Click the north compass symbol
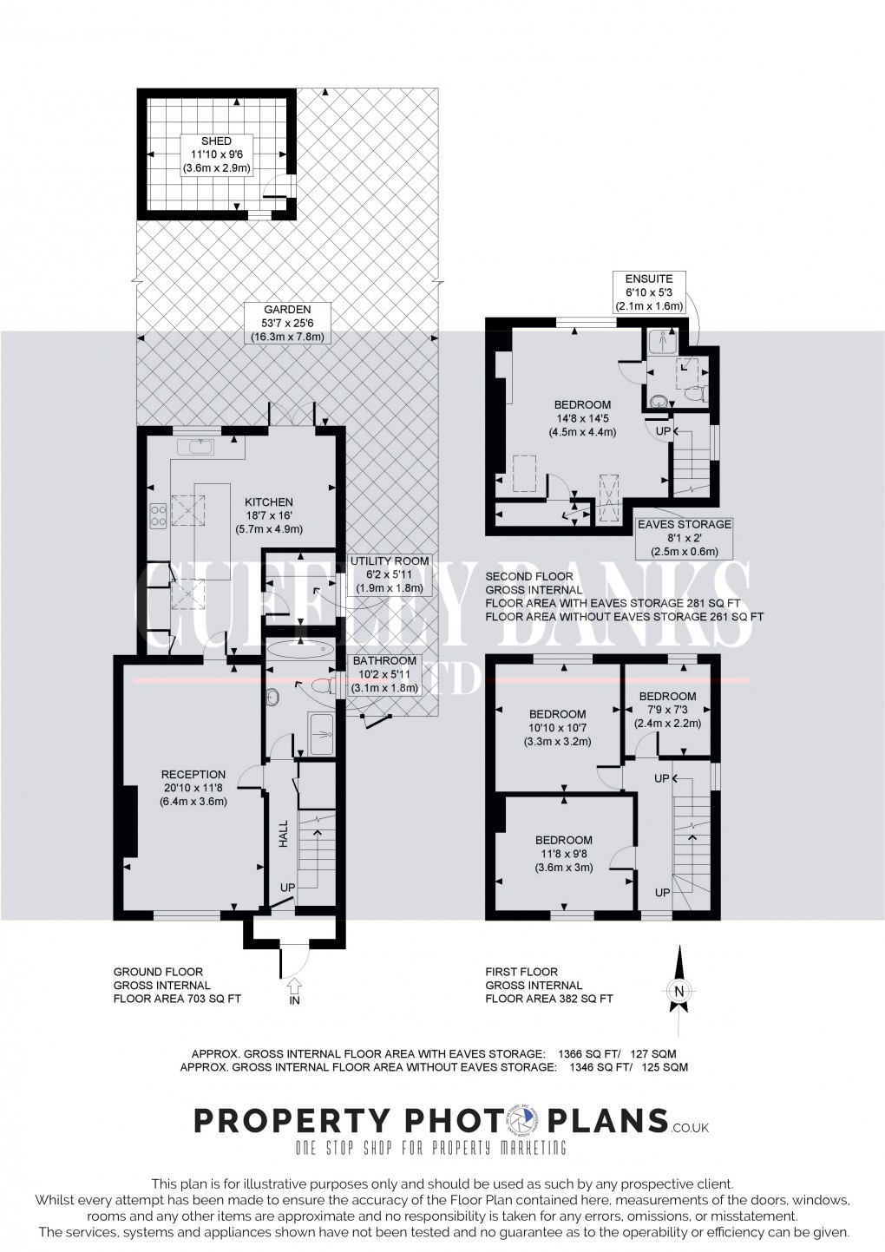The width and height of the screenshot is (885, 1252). pos(678,991)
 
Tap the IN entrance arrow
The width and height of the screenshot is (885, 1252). pos(293,987)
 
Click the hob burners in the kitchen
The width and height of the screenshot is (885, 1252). pos(158,516)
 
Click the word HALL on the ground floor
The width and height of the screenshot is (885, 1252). pos(283,836)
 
